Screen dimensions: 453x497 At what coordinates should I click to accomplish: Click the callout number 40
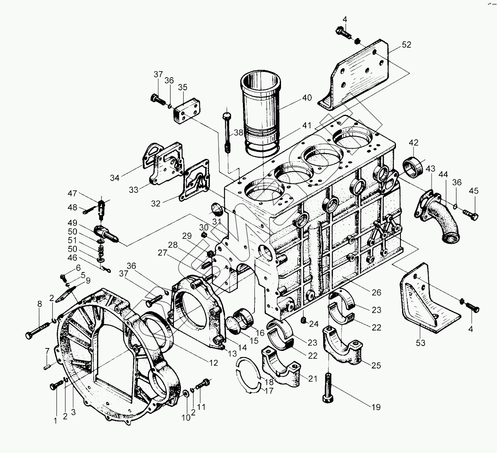point(307,98)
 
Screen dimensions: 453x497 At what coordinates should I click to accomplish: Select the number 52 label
point(406,45)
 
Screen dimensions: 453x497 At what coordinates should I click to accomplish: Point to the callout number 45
point(473,191)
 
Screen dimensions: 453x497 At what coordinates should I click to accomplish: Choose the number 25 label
point(376,365)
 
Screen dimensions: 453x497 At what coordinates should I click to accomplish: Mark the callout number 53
point(421,343)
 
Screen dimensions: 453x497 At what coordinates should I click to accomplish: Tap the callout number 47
point(72,193)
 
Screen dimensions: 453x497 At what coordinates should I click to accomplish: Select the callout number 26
point(376,292)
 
